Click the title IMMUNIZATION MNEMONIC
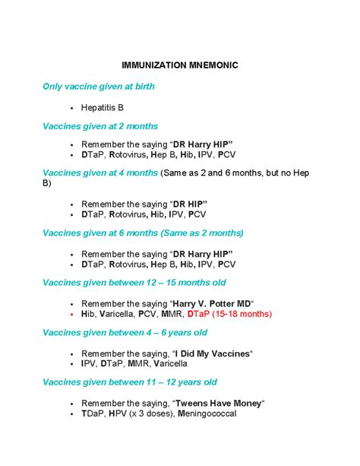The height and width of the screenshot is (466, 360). pos(181,65)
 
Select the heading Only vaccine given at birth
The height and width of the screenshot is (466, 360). pos(99,87)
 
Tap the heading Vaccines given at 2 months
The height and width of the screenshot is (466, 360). pos(100,126)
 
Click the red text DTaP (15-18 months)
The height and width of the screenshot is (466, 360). pos(229,313)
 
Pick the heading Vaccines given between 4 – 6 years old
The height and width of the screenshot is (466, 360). pos(125,333)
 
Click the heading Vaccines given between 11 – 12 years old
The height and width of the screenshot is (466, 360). pos(130,382)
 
